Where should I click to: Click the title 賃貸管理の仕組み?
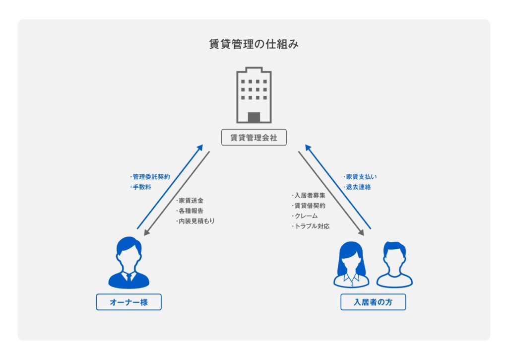(x=254, y=45)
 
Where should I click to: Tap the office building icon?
(x=254, y=95)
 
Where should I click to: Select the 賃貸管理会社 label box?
(x=254, y=138)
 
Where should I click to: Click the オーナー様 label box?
(x=128, y=302)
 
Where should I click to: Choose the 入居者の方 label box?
(x=373, y=302)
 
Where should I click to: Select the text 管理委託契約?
(x=151, y=177)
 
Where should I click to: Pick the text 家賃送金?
(x=191, y=201)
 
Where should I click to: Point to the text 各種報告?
(x=191, y=211)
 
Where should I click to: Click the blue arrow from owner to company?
(x=170, y=187)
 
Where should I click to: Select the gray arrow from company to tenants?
(x=330, y=191)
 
